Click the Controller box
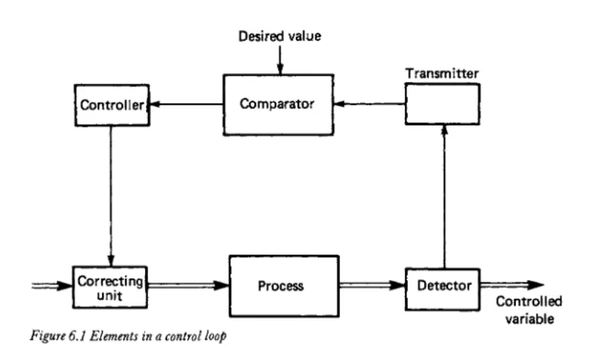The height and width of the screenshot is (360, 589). coord(112,105)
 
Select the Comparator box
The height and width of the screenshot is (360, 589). coord(278,105)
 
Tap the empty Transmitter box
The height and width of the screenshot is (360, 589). coord(442,104)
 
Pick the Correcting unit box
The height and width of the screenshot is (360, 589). coord(110,287)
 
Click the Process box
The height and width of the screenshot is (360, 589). coord(284,286)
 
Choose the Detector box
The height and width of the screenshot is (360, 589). coord(442,289)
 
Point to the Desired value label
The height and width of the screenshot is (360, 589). coord(280,36)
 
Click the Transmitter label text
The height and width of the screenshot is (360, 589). coord(442,74)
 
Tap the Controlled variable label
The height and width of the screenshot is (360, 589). coord(529,310)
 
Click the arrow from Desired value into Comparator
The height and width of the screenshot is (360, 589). coord(280,60)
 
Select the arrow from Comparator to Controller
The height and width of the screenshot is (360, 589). coord(186,104)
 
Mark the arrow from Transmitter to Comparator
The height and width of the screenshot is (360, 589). coord(369,104)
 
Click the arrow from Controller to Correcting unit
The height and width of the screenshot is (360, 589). coord(111,196)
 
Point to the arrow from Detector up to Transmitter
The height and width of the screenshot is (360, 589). coord(444,197)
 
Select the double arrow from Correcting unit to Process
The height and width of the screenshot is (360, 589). coord(188,286)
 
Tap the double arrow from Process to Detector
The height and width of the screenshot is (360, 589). coord(372,286)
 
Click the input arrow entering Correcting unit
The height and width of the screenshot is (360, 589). coord(52,286)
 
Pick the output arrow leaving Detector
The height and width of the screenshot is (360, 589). coord(512,286)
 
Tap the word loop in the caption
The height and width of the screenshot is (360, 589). coord(216,336)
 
